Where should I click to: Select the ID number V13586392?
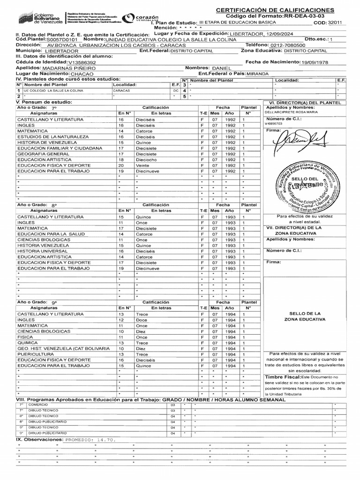tap(82, 62)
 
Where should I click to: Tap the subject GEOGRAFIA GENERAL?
tap(43, 154)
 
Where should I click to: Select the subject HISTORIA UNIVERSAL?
tap(43, 251)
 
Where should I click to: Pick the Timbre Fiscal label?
tap(281, 377)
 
